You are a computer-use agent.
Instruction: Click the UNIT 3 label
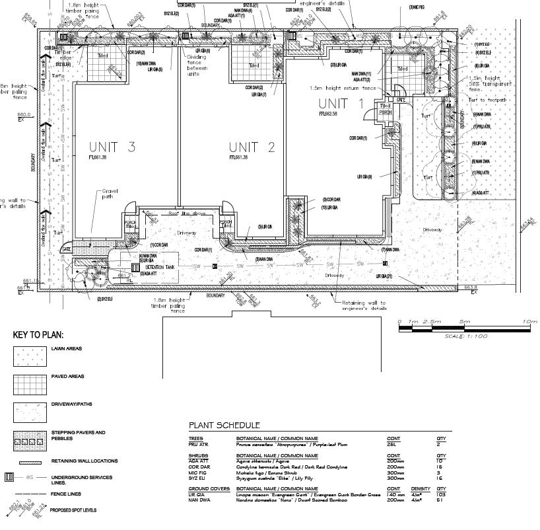pos(112,147)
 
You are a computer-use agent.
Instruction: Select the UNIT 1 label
pos(341,103)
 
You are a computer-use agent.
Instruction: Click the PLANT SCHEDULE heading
pos(224,425)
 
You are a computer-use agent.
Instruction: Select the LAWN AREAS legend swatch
pos(30,355)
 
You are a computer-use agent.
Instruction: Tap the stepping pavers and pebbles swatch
pos(30,439)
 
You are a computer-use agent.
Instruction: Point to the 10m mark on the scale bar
pos(530,322)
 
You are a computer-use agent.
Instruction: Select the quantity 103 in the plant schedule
pos(442,494)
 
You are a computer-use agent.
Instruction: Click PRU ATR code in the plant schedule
pos(198,445)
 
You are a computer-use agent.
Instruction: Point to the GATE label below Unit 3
pos(66,250)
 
